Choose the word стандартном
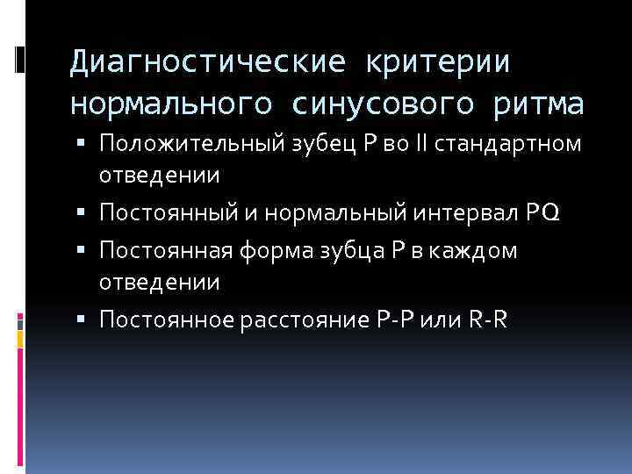point(499,143)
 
